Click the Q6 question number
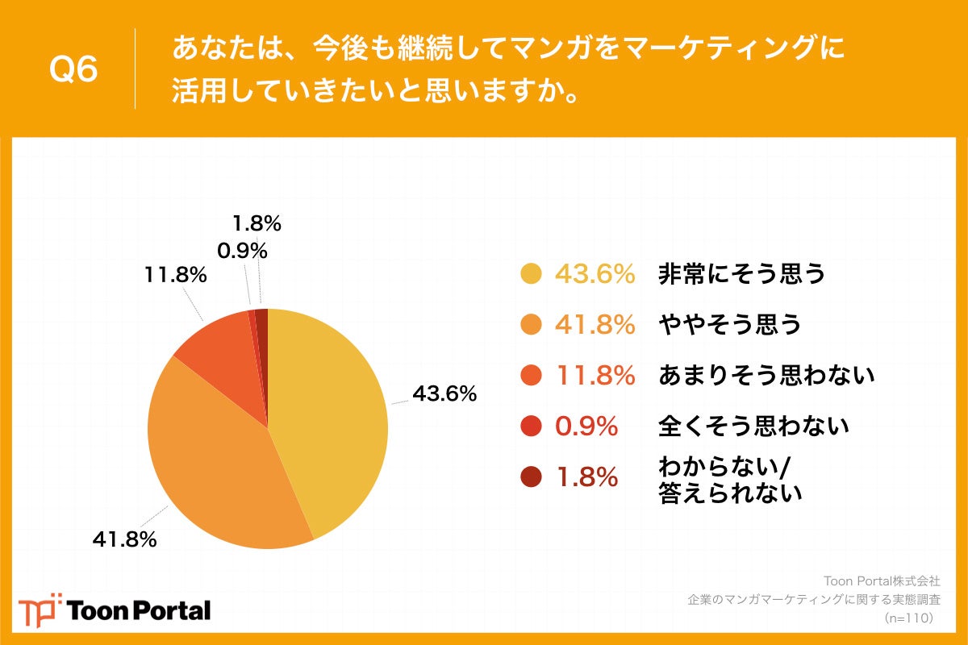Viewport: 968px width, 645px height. [x=74, y=70]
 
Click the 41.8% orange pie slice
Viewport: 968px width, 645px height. [x=218, y=468]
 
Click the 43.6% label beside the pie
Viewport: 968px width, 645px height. [x=444, y=395]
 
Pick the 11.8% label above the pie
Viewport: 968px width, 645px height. [x=176, y=275]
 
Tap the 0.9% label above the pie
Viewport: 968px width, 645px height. [x=241, y=251]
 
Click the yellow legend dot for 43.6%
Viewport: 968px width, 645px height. [x=531, y=274]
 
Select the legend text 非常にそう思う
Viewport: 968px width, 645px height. [x=742, y=274]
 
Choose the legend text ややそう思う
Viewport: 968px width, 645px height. [x=730, y=324]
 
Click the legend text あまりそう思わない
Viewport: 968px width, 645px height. [x=766, y=374]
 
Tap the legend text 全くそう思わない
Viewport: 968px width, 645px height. [x=753, y=425]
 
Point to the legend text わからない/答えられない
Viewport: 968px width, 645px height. [x=730, y=479]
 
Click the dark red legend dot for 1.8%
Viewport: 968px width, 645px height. [x=531, y=477]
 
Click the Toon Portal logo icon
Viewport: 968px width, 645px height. [x=40, y=610]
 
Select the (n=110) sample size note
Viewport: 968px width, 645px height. [x=908, y=618]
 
